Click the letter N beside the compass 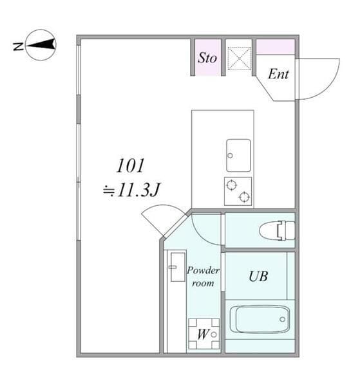click(18, 46)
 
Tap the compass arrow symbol click(41, 45)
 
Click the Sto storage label click(207, 58)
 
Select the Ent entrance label click(278, 74)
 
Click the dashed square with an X click(239, 59)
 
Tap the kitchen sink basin click(238, 155)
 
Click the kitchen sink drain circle click(230, 156)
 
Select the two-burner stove click(238, 191)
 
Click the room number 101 click(130, 166)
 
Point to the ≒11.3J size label click(131, 190)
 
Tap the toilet click(277, 230)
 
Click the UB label click(258, 276)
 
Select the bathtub click(260, 319)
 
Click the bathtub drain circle click(282, 319)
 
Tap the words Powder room click(203, 277)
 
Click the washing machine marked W click(204, 334)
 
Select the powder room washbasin click(178, 267)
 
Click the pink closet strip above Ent click(276, 47)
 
